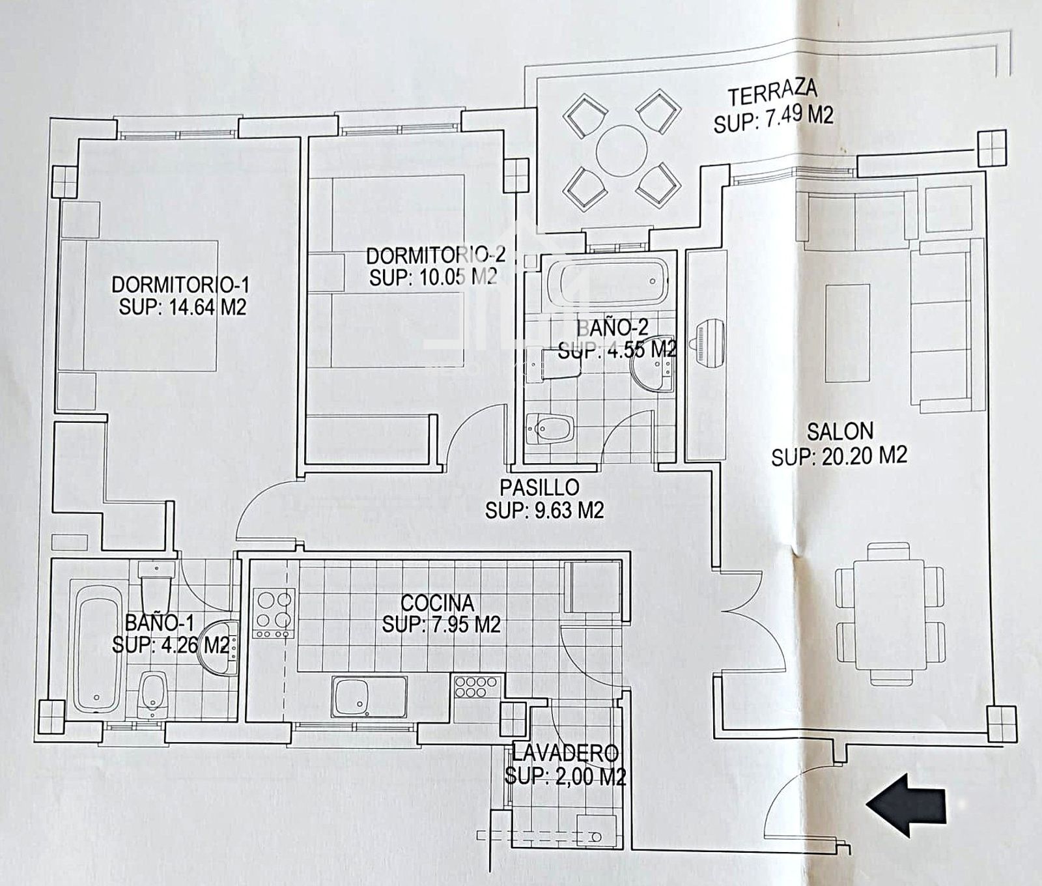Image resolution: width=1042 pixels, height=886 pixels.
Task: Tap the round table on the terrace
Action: (x=622, y=150)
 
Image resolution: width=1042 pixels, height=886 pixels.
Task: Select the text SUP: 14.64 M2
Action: (x=182, y=306)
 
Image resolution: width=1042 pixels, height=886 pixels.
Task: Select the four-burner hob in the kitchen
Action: (x=274, y=614)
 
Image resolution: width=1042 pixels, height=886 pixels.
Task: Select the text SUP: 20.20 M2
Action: (x=839, y=455)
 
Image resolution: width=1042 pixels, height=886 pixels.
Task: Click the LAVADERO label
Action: (x=565, y=753)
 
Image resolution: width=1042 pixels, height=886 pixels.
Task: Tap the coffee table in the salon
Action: (x=847, y=334)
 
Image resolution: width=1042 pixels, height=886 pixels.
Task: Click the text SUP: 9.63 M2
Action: (x=544, y=510)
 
